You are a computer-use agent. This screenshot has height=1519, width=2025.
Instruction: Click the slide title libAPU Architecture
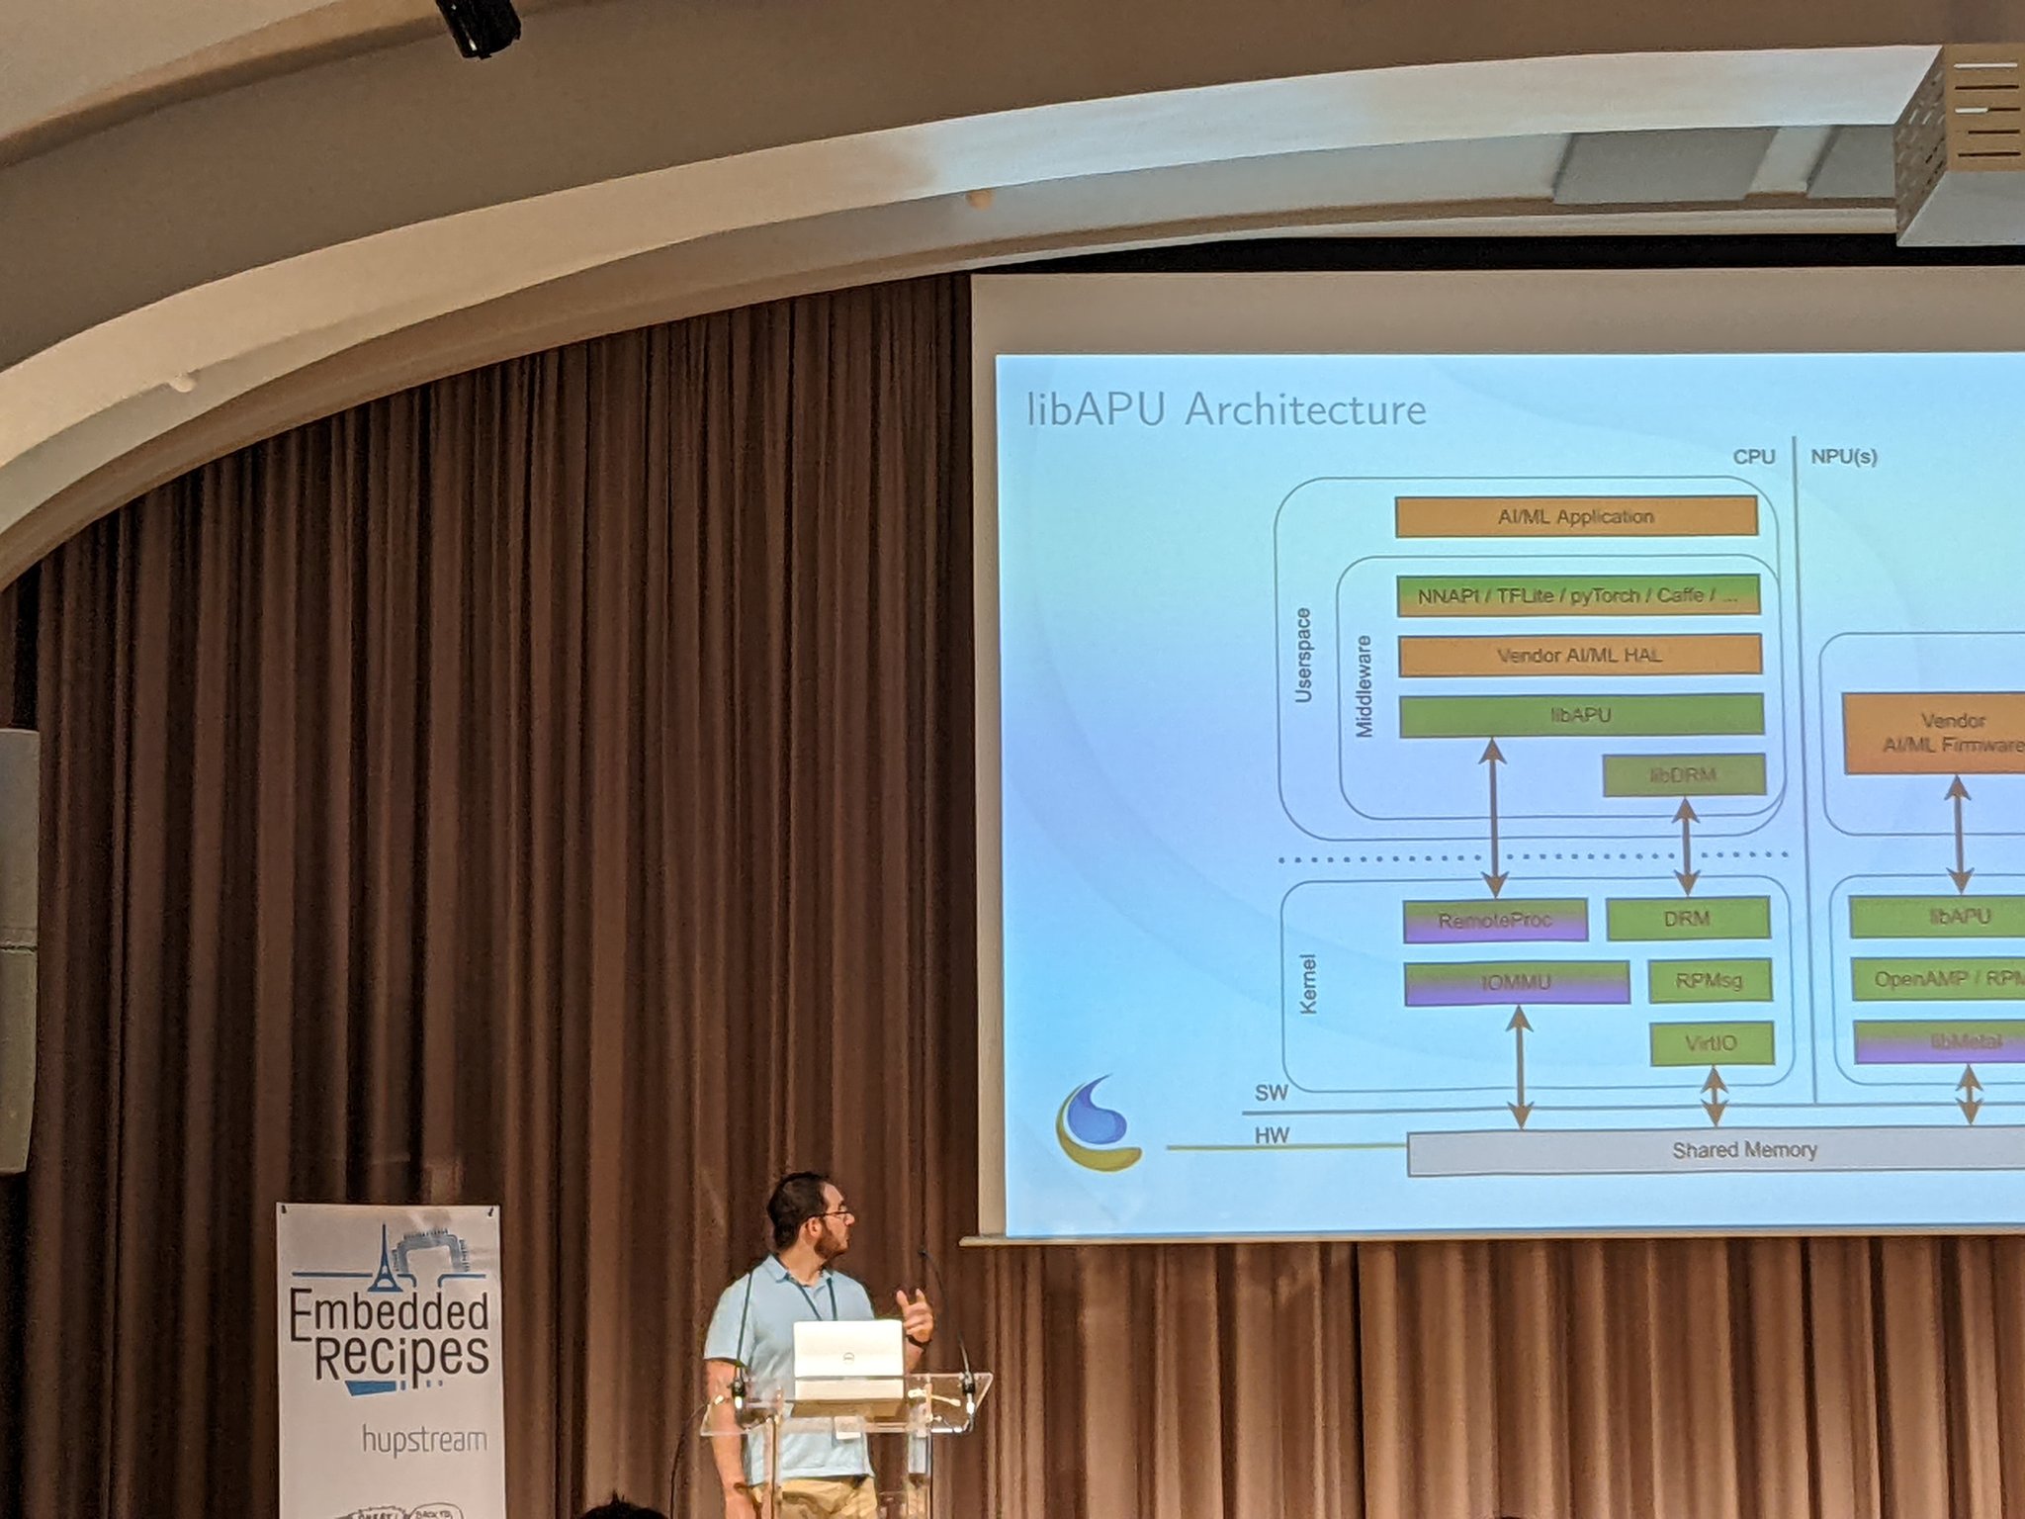1226,409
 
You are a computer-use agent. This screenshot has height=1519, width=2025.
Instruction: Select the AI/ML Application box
1575,517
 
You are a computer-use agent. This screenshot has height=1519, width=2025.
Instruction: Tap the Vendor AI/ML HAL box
1579,655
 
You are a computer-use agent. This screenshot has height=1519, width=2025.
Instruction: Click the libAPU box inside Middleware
1580,715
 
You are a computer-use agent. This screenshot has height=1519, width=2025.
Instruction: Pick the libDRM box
1683,775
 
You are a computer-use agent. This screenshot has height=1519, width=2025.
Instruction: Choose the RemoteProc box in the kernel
1494,921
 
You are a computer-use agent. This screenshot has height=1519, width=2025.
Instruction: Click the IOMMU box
1515,983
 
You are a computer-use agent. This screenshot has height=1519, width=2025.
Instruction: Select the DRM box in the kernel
1687,919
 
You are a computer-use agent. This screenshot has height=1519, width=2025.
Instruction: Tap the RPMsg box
1709,981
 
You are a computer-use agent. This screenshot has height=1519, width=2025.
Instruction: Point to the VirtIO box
1711,1043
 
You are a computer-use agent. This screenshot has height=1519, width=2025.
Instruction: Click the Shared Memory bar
1744,1151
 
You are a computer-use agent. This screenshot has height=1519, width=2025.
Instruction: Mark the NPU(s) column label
1844,457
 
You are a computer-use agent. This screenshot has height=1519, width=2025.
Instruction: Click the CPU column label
1753,457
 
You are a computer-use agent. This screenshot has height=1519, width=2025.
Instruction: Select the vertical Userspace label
1303,656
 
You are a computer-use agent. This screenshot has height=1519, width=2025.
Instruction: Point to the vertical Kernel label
1308,984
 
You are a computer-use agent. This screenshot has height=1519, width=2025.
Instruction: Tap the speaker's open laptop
847,1361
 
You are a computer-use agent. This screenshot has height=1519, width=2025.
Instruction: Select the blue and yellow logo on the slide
1098,1123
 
